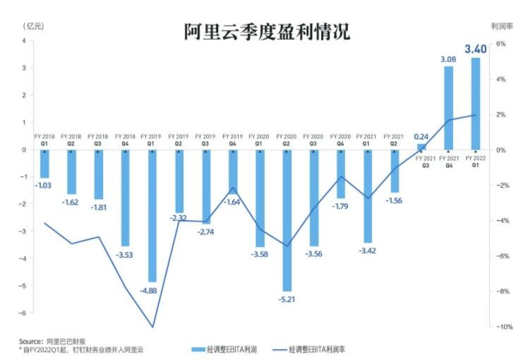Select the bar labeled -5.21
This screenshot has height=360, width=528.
[x=287, y=219]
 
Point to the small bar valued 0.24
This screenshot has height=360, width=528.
[x=421, y=147]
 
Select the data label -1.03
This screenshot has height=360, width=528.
[x=44, y=184]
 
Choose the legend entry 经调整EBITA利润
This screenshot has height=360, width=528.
[x=225, y=349]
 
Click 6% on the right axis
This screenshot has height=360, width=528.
[x=498, y=44]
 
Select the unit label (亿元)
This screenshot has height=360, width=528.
[x=33, y=26]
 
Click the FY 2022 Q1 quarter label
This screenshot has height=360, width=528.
[x=475, y=161]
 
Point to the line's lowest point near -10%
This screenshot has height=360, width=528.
[x=152, y=327]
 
